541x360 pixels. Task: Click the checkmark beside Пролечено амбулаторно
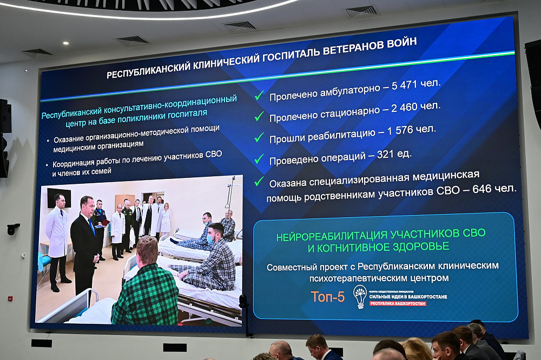coord(259,96)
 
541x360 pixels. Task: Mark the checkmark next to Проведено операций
coord(259,159)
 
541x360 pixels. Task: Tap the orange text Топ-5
coord(327,296)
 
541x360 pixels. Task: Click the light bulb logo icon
coord(360,296)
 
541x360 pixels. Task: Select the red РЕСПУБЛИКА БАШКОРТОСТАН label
coord(398,304)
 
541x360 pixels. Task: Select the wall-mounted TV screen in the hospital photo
coord(58,197)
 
